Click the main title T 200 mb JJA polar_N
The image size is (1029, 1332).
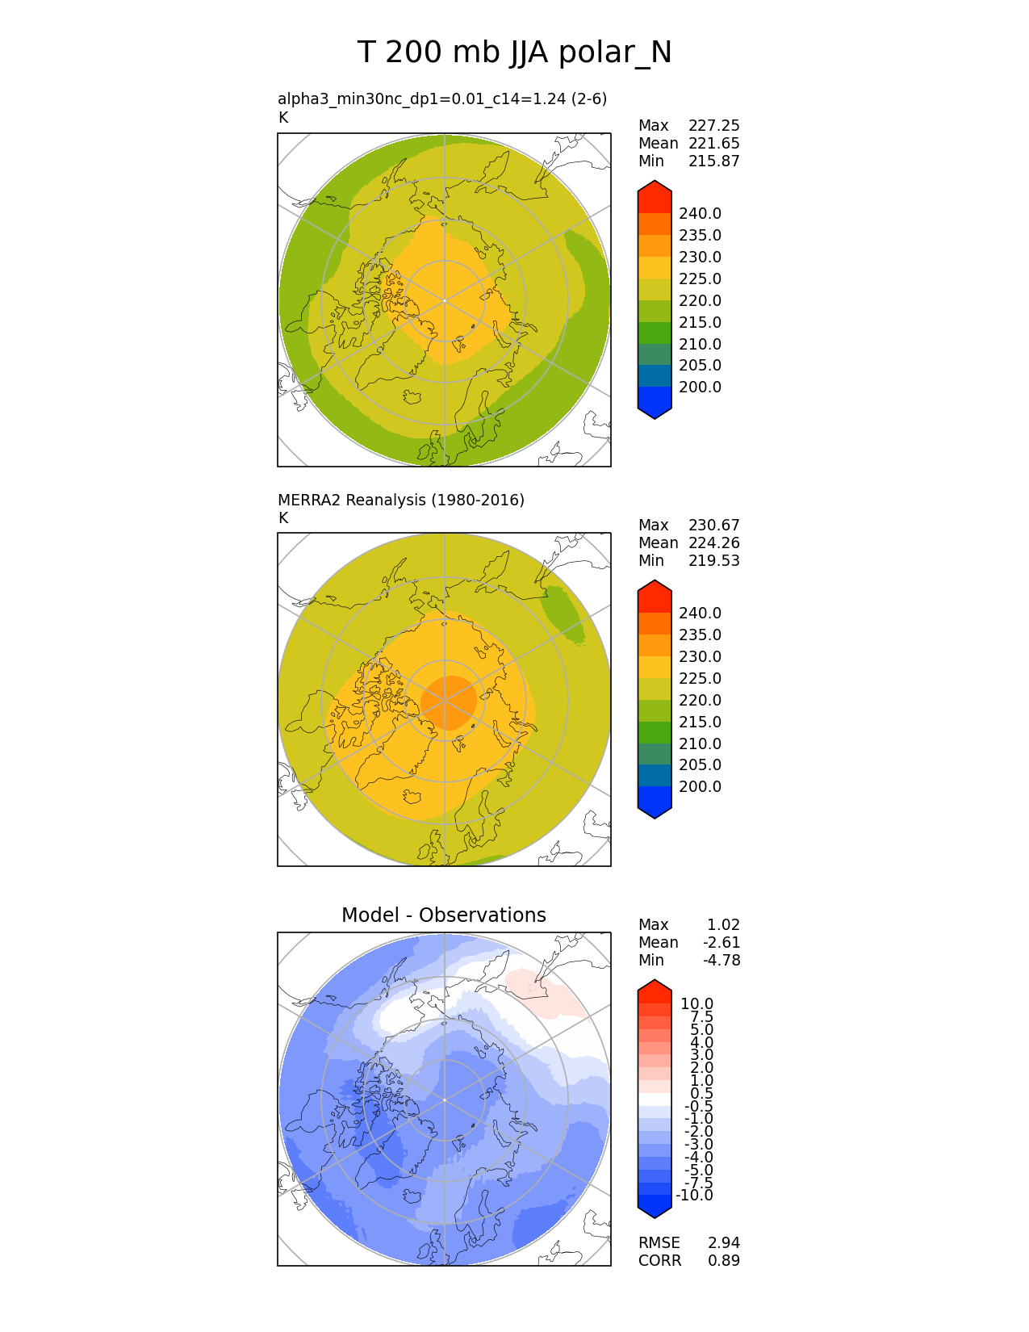tap(514, 52)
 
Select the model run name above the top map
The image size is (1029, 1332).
tap(441, 98)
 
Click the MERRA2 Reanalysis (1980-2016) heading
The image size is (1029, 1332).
tap(400, 500)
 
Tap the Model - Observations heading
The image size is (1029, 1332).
tap(443, 915)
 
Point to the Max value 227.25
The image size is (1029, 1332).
tap(713, 126)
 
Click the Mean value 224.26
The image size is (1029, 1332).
tap(713, 543)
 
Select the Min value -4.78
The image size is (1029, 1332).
tap(722, 961)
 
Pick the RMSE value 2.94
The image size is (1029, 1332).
tap(723, 1243)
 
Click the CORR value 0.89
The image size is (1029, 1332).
tap(723, 1261)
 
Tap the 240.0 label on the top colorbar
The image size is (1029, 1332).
tap(700, 214)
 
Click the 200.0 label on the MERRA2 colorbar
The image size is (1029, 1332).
tap(700, 787)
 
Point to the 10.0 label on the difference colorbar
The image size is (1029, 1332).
tap(696, 1004)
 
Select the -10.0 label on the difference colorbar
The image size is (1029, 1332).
tap(694, 1196)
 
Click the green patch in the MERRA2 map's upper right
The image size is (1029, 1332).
tap(563, 613)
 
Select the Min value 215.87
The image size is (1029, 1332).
tap(713, 161)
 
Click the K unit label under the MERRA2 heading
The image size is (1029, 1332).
tap(282, 518)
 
